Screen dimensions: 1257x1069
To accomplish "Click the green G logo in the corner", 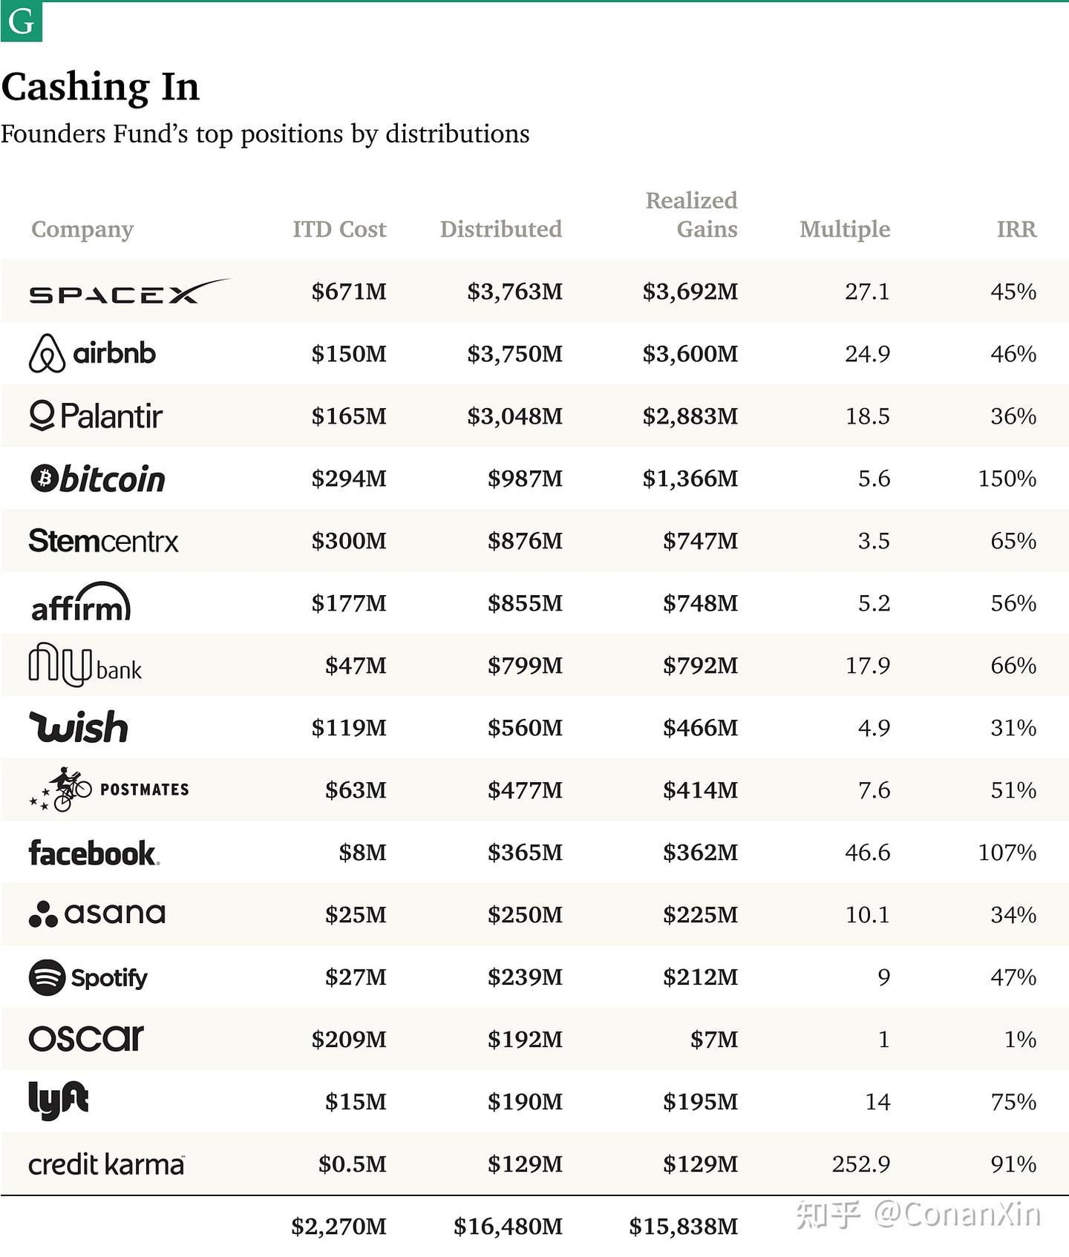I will pyautogui.click(x=21, y=22).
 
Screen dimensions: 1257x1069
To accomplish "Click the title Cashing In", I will pyautogui.click(x=100, y=87).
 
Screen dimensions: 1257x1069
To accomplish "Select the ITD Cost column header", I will pyautogui.click(x=339, y=229).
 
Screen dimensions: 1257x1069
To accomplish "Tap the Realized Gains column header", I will pyautogui.click(x=691, y=214).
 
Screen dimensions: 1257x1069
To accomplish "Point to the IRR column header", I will pyautogui.click(x=1016, y=229).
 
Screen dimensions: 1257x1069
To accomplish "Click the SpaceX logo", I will pyautogui.click(x=129, y=292).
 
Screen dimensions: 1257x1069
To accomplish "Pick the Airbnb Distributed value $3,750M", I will pyautogui.click(x=514, y=354).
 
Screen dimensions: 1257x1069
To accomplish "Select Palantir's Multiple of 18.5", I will pyautogui.click(x=867, y=416).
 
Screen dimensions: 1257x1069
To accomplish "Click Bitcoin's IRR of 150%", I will pyautogui.click(x=1007, y=479).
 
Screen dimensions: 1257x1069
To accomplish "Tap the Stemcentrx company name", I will pyautogui.click(x=103, y=541).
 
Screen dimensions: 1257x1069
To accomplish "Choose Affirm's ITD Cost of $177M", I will pyautogui.click(x=349, y=603).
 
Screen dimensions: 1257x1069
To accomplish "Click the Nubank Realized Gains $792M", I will pyautogui.click(x=700, y=666).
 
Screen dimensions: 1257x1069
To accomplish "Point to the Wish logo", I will pyautogui.click(x=79, y=727).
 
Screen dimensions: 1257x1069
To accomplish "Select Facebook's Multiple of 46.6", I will pyautogui.click(x=867, y=853).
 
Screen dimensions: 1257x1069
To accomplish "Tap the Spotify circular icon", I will pyautogui.click(x=47, y=977).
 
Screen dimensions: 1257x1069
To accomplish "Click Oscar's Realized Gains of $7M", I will pyautogui.click(x=713, y=1040).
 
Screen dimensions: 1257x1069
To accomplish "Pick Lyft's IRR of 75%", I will pyautogui.click(x=1013, y=1102).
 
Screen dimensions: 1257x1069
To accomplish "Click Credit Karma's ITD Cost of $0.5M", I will pyautogui.click(x=352, y=1164).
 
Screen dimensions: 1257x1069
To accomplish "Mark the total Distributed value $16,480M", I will pyautogui.click(x=508, y=1227).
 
